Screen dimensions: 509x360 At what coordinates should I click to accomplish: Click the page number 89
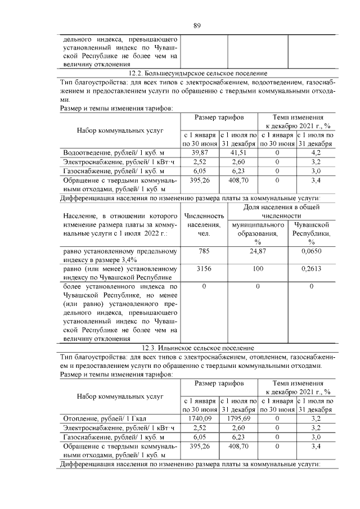197,25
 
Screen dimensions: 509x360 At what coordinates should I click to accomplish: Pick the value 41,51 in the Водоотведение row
238,152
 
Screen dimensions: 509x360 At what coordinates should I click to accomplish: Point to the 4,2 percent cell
316,152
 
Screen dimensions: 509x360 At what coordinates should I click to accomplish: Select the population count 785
204,251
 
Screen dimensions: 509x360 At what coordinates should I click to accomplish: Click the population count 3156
204,269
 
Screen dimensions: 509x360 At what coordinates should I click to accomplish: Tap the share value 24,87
257,251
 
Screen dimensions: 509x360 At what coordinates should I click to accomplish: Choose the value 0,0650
312,251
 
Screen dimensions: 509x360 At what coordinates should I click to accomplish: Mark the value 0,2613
312,269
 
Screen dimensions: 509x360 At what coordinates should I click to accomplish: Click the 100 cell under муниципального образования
257,269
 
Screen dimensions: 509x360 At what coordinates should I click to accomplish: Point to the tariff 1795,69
238,418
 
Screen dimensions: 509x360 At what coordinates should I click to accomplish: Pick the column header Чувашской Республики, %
312,233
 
